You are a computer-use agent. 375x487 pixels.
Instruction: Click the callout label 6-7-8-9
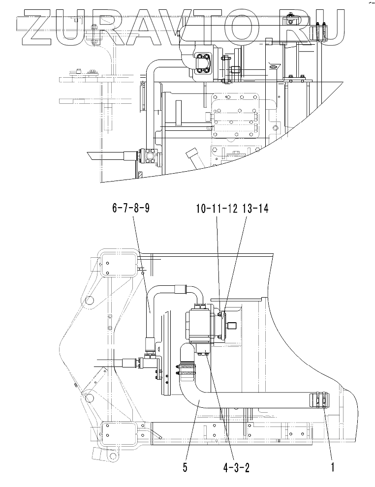pos(131,209)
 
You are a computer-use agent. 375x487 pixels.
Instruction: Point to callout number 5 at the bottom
pos(185,467)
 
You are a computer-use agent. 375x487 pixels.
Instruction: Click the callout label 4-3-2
pos(236,467)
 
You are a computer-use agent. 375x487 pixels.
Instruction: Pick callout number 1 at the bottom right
pos(333,467)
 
